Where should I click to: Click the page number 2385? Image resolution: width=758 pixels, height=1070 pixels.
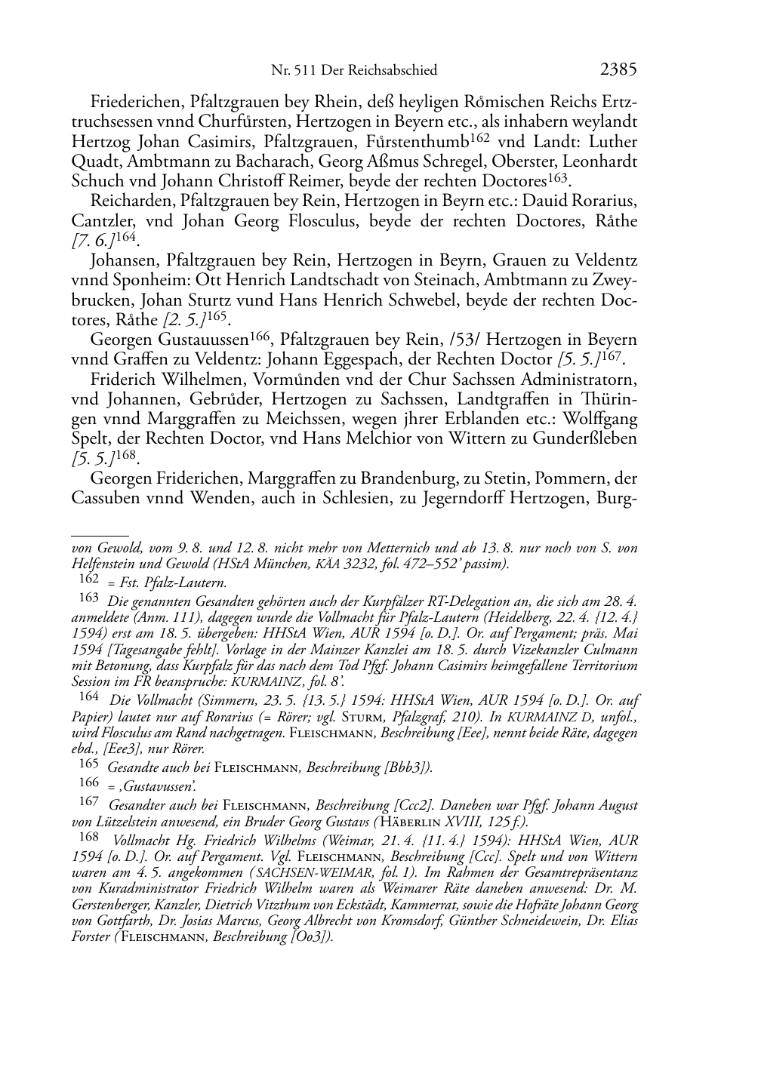pyautogui.click(x=619, y=70)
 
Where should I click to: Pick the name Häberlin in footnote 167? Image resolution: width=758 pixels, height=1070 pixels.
pyautogui.click(x=414, y=822)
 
